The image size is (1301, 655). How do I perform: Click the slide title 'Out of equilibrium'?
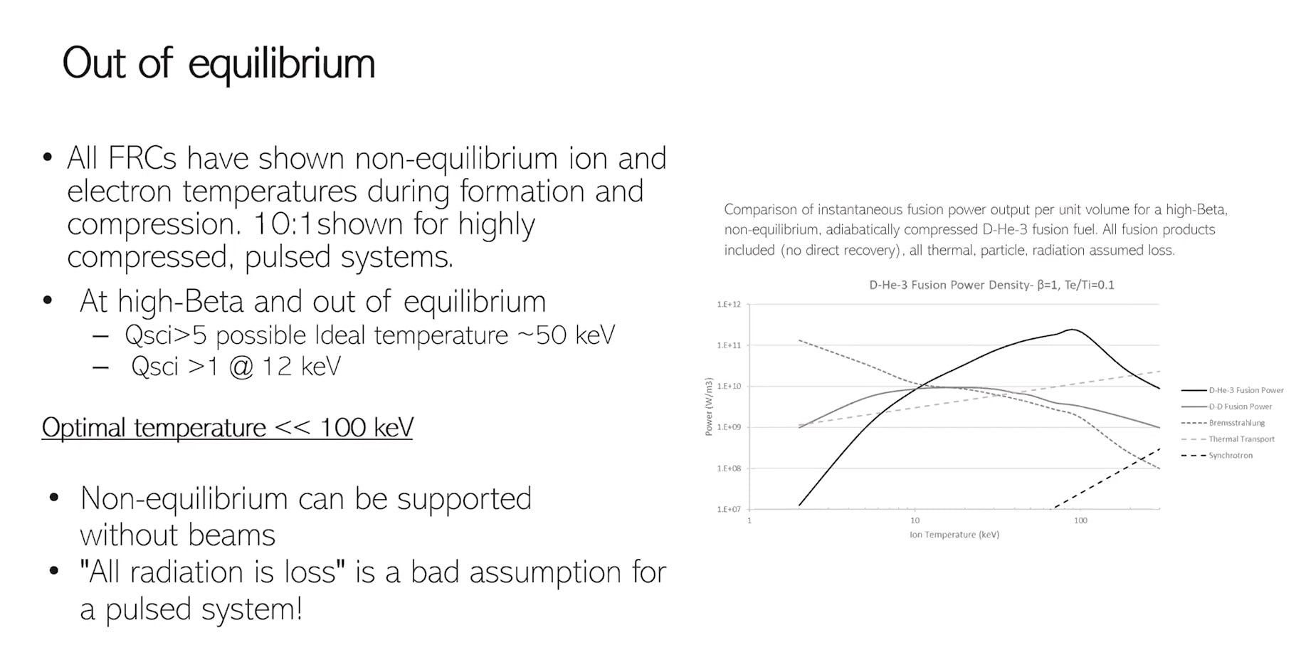pos(218,64)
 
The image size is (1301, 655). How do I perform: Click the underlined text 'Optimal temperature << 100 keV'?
pos(227,427)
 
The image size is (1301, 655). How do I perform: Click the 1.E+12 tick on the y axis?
pos(729,304)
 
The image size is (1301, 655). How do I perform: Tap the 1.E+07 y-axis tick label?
pos(729,509)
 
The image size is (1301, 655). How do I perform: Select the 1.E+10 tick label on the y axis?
pos(729,386)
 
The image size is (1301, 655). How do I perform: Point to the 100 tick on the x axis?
pos(1080,520)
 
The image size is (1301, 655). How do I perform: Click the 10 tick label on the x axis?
pos(915,520)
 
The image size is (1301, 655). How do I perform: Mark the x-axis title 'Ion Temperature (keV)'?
pos(954,535)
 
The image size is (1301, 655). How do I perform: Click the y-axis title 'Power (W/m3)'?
pos(708,407)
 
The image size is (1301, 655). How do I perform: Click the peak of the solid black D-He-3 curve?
pos(1072,330)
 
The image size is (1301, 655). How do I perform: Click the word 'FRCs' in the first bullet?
pos(142,158)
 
